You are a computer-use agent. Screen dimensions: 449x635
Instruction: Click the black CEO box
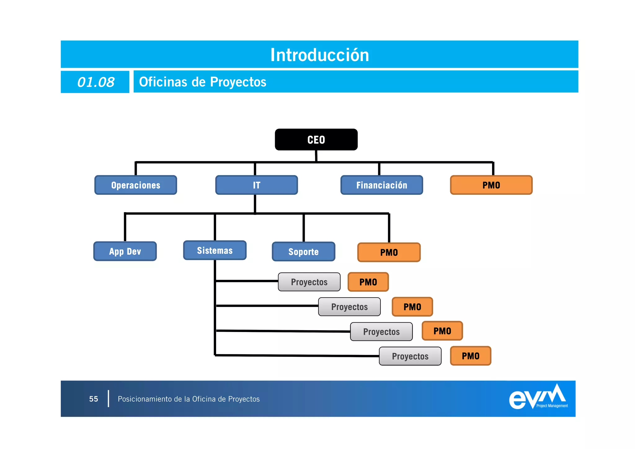(x=316, y=140)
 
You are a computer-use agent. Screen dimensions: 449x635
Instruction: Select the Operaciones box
(x=135, y=185)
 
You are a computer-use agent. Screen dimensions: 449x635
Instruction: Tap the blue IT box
(x=256, y=185)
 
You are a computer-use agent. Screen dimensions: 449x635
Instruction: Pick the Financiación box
(x=381, y=185)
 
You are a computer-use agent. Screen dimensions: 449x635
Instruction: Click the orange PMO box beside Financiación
(x=491, y=185)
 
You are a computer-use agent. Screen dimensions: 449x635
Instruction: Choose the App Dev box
(x=125, y=251)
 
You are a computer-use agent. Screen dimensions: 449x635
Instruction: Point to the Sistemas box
(x=215, y=250)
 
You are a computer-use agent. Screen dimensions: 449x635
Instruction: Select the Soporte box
(x=303, y=252)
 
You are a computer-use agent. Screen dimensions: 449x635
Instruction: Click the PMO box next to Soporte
(x=389, y=252)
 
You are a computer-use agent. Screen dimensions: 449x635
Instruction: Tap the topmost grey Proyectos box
(x=309, y=282)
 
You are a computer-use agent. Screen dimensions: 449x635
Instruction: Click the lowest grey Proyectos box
(x=410, y=356)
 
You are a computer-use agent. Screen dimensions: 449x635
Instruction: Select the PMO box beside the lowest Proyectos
(x=470, y=356)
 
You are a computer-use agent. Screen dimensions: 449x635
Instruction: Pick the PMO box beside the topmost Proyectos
(x=368, y=282)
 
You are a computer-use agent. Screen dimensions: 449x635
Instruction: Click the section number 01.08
(x=95, y=82)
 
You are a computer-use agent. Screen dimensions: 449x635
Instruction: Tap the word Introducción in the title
(x=319, y=55)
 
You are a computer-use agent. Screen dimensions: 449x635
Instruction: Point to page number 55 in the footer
(x=93, y=399)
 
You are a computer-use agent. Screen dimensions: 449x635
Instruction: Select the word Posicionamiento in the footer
(x=145, y=399)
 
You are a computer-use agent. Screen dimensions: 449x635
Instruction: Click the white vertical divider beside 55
(x=109, y=399)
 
